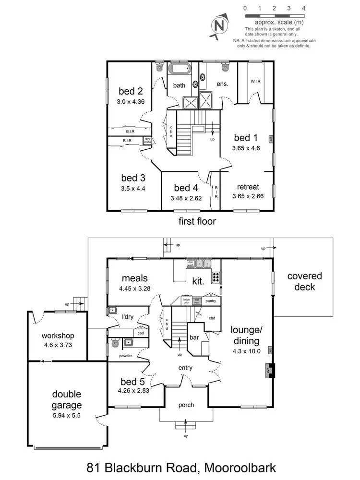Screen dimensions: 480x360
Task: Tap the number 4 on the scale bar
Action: pos(304,8)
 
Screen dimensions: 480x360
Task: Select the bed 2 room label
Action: pos(131,91)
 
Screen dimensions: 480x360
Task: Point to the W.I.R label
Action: pos(255,81)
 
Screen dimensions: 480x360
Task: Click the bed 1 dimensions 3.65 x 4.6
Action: pos(246,148)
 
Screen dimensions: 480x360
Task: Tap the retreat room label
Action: pos(248,187)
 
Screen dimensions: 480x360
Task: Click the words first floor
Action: pos(197,221)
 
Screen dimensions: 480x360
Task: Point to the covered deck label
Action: pos(304,281)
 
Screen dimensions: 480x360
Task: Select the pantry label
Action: pos(210,301)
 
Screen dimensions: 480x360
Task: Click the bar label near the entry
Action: pos(194,338)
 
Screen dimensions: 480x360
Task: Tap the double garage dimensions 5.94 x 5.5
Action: pos(66,416)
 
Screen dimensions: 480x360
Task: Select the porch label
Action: pos(186,405)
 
